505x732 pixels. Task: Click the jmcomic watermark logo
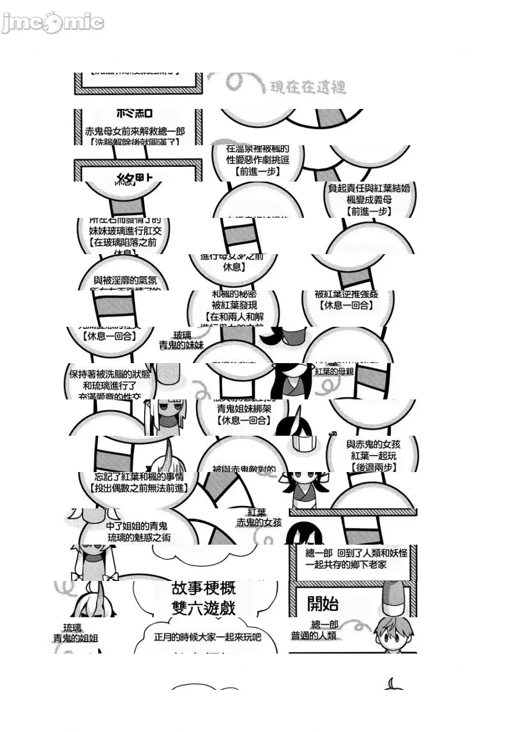point(53,23)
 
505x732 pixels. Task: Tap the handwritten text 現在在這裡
point(308,87)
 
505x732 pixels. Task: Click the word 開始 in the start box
point(322,604)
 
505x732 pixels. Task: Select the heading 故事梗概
point(204,588)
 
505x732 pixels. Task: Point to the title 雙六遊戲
point(204,608)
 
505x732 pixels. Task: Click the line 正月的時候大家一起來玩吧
point(207,637)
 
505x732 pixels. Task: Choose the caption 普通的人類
point(314,636)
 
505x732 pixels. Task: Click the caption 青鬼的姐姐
point(75,638)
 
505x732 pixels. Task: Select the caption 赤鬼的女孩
point(259,523)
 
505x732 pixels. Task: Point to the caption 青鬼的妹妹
point(181,345)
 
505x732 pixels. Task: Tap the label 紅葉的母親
point(334,372)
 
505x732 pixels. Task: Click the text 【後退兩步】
point(373,467)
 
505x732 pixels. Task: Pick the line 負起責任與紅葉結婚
point(369,188)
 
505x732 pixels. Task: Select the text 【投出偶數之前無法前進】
point(139,488)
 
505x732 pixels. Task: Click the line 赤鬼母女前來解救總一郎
point(135,131)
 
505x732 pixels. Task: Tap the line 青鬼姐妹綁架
point(244,409)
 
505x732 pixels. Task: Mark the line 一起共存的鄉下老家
point(346,565)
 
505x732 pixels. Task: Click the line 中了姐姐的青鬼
point(137,526)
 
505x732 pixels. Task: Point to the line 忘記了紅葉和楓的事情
point(139,477)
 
